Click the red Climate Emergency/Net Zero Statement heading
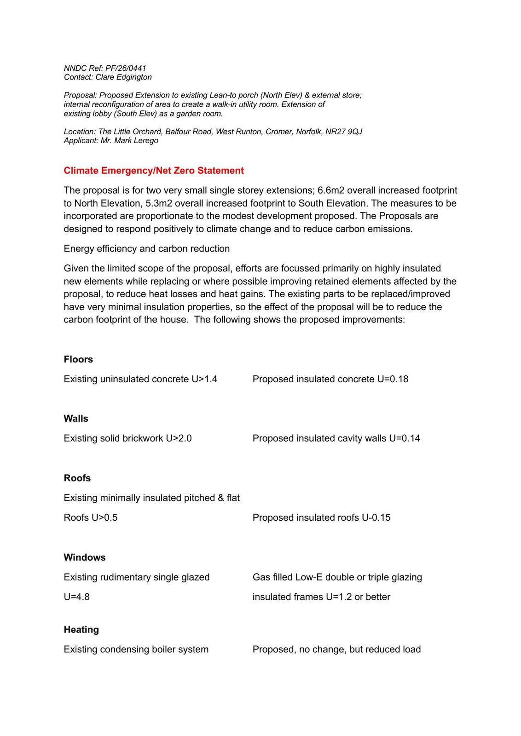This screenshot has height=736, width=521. point(154,171)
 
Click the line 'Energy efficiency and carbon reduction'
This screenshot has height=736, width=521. point(146,249)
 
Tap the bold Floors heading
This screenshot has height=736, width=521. point(78,359)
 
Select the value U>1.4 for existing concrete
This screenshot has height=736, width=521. point(204,379)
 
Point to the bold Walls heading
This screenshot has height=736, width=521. point(76,419)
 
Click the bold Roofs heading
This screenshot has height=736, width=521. point(77,478)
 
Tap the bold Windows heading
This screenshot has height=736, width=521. point(85,557)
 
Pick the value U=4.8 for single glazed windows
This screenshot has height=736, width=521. point(76,597)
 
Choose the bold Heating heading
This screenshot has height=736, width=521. point(81,629)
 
